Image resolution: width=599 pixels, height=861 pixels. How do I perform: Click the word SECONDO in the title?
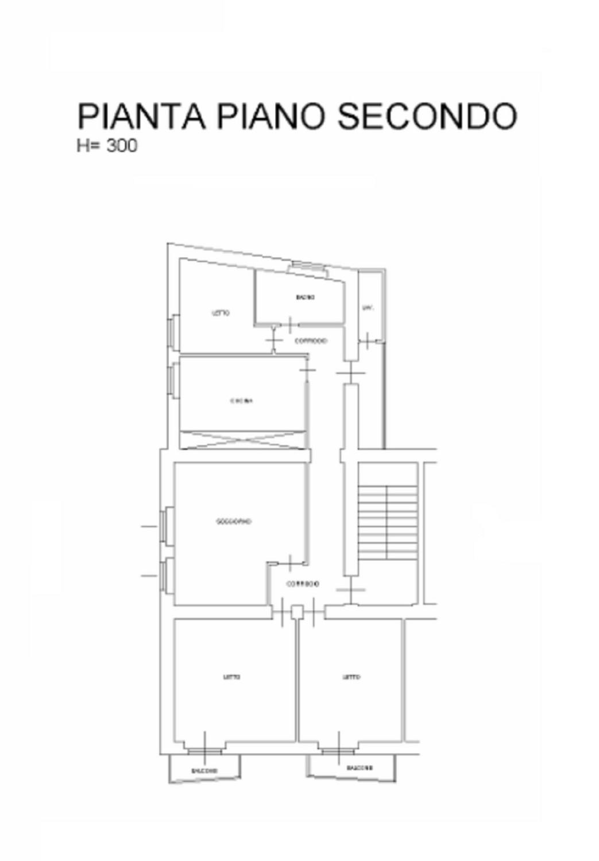pyautogui.click(x=427, y=117)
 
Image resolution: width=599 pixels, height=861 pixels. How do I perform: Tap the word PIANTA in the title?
pyautogui.click(x=141, y=117)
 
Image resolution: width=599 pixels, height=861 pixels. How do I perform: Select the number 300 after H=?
pyautogui.click(x=122, y=146)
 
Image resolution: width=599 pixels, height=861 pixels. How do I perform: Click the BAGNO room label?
pyautogui.click(x=305, y=297)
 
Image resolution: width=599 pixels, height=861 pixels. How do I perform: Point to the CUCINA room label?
pyautogui.click(x=241, y=401)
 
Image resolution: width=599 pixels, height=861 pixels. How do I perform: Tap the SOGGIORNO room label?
pyautogui.click(x=234, y=522)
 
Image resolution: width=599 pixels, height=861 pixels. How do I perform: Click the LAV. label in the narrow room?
pyautogui.click(x=368, y=308)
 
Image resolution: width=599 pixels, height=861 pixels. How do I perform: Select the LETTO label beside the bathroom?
pyautogui.click(x=221, y=313)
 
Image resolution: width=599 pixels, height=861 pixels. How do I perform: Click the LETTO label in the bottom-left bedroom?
pyautogui.click(x=231, y=677)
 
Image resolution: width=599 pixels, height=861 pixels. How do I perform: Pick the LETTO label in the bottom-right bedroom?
pyautogui.click(x=351, y=677)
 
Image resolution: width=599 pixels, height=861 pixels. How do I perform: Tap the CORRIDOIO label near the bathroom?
pyautogui.click(x=311, y=340)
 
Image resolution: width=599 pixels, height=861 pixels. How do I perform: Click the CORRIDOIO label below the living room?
pyautogui.click(x=303, y=584)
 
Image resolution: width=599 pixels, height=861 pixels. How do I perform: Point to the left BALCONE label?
pyautogui.click(x=204, y=770)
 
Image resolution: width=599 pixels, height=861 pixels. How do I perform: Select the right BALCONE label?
pyautogui.click(x=360, y=767)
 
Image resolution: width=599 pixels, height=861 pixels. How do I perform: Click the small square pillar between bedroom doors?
pyautogui.click(x=297, y=612)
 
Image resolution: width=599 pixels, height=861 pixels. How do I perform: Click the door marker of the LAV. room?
pyautogui.click(x=367, y=341)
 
